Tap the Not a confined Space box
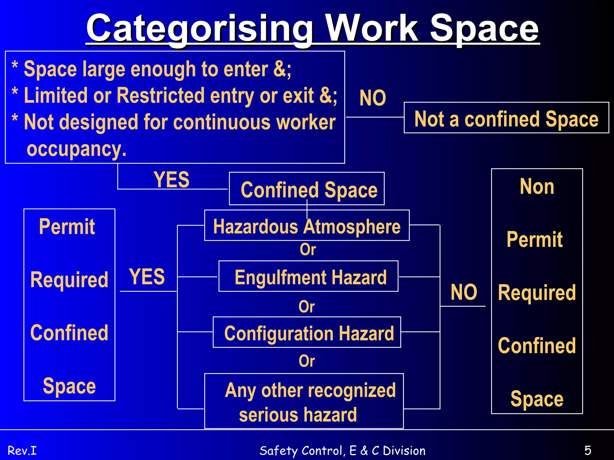coord(506,118)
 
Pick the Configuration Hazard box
coord(307,332)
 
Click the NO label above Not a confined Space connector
coord(372,98)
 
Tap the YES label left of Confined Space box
coord(171,180)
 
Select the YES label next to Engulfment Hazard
coord(147,276)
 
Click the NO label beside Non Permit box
coord(463,292)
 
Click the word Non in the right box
coord(537,187)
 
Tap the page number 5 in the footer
coord(588,450)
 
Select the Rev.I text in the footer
coord(22,450)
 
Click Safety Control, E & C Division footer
coord(342,450)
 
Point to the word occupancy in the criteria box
coord(76,149)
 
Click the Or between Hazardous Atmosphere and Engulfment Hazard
coord(308,249)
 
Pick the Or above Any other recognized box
coord(307,361)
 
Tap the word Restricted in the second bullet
coord(160,96)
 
